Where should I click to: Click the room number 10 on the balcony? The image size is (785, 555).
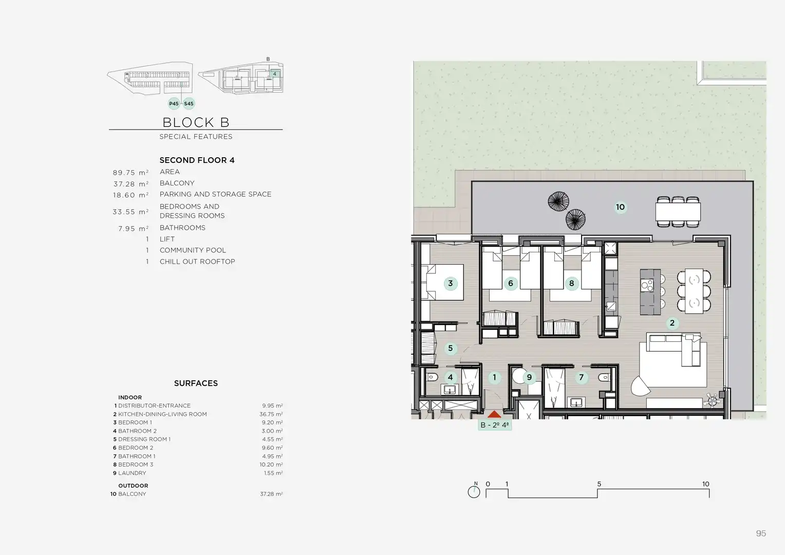[x=620, y=207]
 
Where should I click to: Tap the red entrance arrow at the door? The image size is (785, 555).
[x=494, y=414]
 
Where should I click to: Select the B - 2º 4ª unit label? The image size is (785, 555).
[x=495, y=425]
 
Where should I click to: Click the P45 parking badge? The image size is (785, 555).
[x=174, y=103]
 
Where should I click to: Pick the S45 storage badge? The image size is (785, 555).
[x=189, y=103]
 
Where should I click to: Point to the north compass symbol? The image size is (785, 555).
[x=474, y=490]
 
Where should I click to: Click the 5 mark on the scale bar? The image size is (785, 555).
[x=599, y=484]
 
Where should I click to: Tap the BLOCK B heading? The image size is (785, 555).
[x=196, y=122]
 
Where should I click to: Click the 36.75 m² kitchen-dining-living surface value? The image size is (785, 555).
[x=271, y=414]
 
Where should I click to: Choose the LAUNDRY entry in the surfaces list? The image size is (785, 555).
[x=132, y=473]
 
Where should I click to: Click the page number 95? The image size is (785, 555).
[x=761, y=533]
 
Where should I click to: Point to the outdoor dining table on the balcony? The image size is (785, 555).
[x=678, y=212]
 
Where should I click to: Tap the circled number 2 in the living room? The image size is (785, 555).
[x=672, y=323]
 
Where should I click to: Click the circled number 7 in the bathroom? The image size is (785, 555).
[x=582, y=377]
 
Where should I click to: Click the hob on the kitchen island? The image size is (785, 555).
[x=647, y=285]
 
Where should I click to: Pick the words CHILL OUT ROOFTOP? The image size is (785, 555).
[x=197, y=262]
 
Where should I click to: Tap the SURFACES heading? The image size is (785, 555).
[x=196, y=383]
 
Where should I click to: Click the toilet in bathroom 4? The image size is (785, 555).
[x=432, y=377]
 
